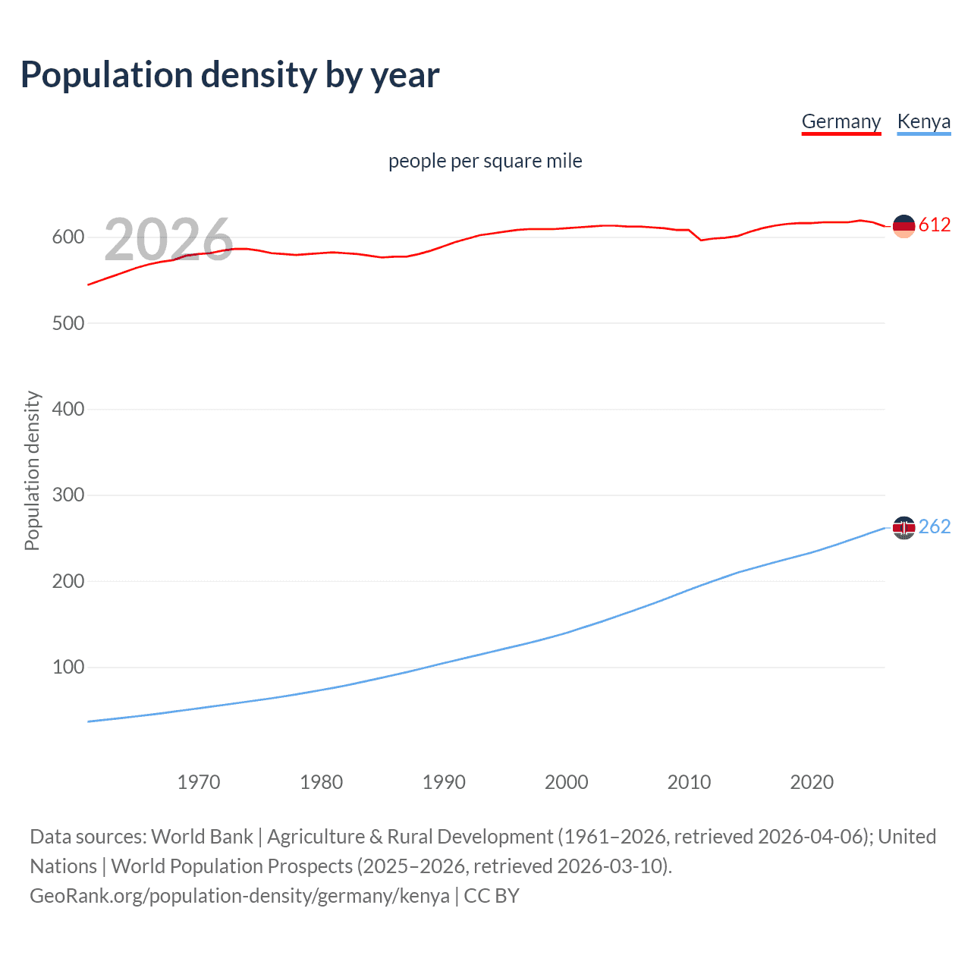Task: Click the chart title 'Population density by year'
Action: [230, 75]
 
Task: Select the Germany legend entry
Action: [841, 121]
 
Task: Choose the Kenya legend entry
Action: [923, 121]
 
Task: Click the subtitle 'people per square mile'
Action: [485, 161]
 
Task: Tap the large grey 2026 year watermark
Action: [168, 239]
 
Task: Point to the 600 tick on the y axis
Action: [68, 237]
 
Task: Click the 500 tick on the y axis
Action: [68, 323]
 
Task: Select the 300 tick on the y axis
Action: [68, 495]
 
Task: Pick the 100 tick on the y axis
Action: [68, 668]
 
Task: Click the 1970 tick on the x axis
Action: [199, 782]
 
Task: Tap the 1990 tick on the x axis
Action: [444, 782]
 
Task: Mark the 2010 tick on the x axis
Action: [689, 782]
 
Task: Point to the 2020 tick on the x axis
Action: [812, 782]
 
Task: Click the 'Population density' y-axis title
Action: [32, 470]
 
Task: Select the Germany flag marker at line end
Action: [903, 225]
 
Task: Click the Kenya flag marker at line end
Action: [903, 527]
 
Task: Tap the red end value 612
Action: [935, 225]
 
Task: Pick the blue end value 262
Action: [935, 526]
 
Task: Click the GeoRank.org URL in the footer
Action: [240, 896]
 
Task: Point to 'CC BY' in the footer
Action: [492, 896]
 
